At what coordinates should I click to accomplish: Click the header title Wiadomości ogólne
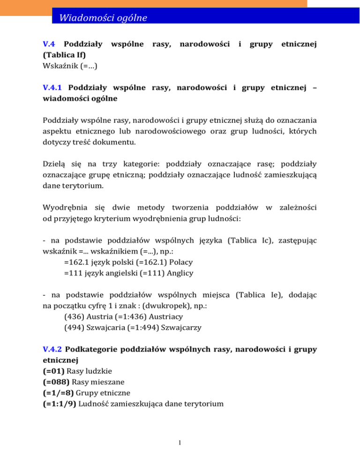click(100, 18)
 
